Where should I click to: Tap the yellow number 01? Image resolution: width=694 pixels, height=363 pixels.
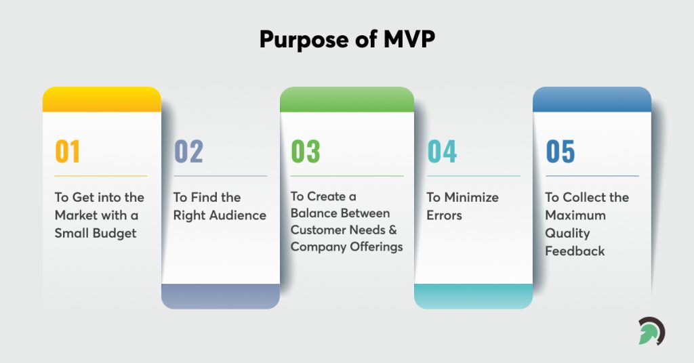pyautogui.click(x=68, y=151)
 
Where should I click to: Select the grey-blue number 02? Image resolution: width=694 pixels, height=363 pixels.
pyautogui.click(x=188, y=151)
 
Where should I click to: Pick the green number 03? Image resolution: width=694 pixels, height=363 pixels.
pyautogui.click(x=306, y=151)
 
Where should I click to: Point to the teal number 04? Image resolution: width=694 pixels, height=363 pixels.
pyautogui.click(x=442, y=151)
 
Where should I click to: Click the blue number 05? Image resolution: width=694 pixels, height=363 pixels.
pyautogui.click(x=560, y=151)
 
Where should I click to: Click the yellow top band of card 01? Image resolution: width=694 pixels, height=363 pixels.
pyautogui.click(x=102, y=100)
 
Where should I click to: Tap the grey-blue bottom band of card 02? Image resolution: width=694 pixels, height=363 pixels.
pyautogui.click(x=220, y=296)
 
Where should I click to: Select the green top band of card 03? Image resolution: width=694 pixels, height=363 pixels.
pyautogui.click(x=346, y=100)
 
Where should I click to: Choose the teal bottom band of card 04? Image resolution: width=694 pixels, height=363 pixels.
pyautogui.click(x=473, y=296)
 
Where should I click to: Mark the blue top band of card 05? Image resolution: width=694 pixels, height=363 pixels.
pyautogui.click(x=592, y=100)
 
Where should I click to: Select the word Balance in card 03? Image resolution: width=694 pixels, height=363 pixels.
pyautogui.click(x=315, y=213)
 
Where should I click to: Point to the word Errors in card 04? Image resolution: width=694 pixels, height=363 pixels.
pyautogui.click(x=444, y=215)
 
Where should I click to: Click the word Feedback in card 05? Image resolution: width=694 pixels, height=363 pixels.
pyautogui.click(x=575, y=251)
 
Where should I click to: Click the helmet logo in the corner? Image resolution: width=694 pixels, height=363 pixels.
pyautogui.click(x=651, y=331)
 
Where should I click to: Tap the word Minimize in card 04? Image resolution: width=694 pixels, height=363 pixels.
pyautogui.click(x=472, y=198)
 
